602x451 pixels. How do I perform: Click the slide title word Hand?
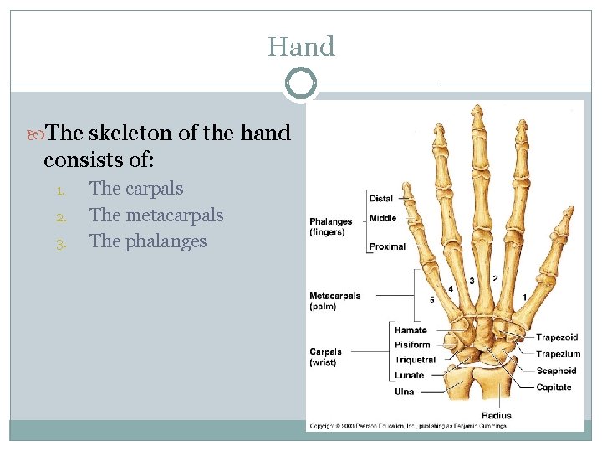(301, 47)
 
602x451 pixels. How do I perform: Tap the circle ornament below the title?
(301, 84)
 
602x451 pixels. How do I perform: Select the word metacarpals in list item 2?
(174, 215)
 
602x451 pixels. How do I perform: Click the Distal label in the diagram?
(380, 199)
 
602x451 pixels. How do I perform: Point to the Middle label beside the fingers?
(383, 218)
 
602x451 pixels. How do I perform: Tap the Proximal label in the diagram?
(387, 246)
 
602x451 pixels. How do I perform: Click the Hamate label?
(411, 331)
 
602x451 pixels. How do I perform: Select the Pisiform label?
(412, 345)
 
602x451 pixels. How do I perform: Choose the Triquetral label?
(416, 360)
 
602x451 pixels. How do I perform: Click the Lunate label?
(409, 375)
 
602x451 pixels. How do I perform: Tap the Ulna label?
(405, 392)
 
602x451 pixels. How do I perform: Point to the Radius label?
(496, 415)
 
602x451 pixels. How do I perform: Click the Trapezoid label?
(557, 337)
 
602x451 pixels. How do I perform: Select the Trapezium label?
(559, 354)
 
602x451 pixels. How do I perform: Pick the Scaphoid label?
(556, 371)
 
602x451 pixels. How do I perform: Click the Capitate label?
(554, 387)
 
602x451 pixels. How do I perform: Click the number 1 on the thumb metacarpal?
(524, 296)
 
